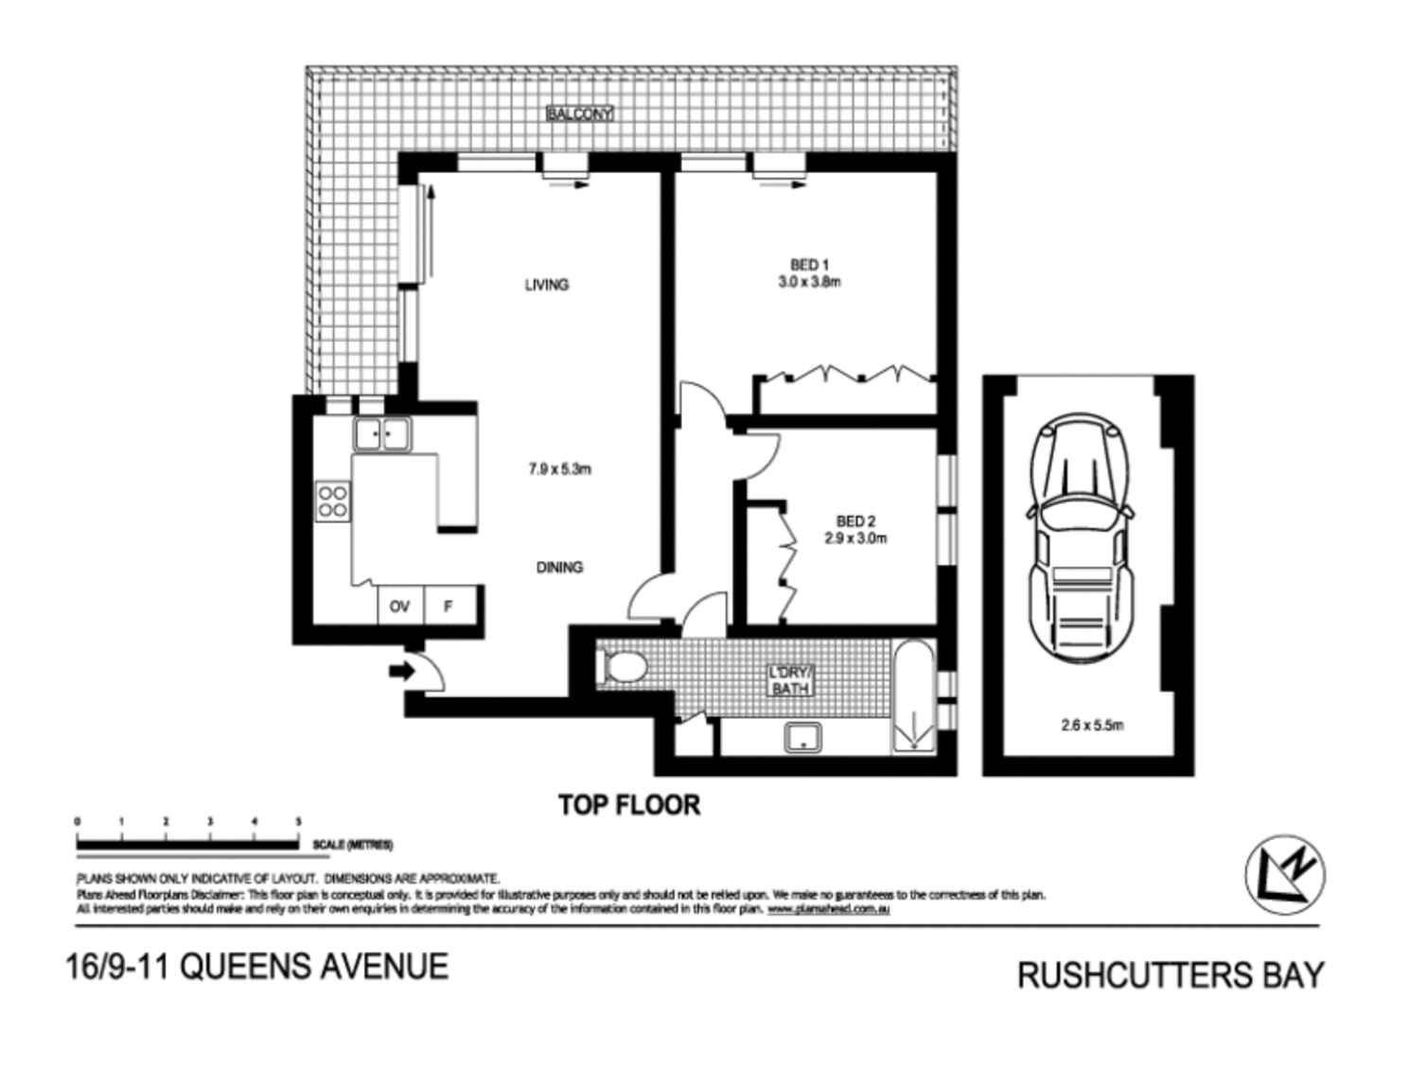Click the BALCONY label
(x=580, y=114)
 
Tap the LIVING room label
(x=547, y=284)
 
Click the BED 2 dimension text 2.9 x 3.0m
(x=855, y=538)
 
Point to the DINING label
(x=559, y=567)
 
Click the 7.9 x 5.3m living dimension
(x=561, y=468)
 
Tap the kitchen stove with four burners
(x=333, y=500)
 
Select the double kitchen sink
(x=381, y=435)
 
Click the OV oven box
(x=399, y=605)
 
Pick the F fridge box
(x=449, y=605)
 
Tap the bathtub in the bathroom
(x=914, y=697)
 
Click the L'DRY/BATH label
(x=790, y=681)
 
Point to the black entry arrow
(x=401, y=672)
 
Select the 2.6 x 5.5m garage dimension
(x=1092, y=726)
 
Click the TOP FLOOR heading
(x=629, y=805)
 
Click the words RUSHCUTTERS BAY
(x=1171, y=974)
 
